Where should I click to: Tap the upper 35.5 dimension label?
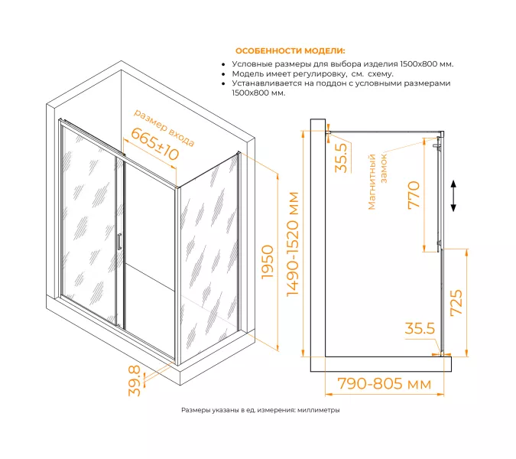(x=341, y=157)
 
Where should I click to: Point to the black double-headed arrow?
(x=454, y=197)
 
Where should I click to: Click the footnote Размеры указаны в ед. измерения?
(x=260, y=410)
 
